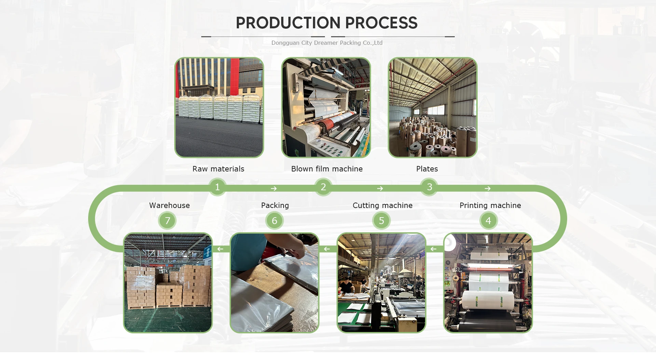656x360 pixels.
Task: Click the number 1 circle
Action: tap(217, 187)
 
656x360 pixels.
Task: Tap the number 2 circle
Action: tap(323, 187)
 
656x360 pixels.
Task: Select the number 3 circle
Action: tap(429, 187)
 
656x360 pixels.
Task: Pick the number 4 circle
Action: tap(488, 221)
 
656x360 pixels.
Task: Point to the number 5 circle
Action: tap(382, 221)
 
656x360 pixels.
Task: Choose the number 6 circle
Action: tap(274, 221)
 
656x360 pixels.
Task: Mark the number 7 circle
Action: tap(167, 221)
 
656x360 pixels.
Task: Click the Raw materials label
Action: tap(218, 169)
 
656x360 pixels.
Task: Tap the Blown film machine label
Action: tap(327, 169)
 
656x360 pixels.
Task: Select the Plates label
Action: tap(427, 169)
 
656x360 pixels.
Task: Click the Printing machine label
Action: tap(490, 205)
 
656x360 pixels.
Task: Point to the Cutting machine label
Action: tap(382, 205)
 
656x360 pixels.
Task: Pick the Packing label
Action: tap(275, 205)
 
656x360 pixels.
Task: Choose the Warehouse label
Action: tap(169, 205)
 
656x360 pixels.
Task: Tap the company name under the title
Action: tap(327, 43)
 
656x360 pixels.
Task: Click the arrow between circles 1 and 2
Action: tap(274, 189)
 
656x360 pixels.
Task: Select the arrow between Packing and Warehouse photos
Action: tap(220, 249)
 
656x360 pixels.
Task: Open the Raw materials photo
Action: tap(219, 108)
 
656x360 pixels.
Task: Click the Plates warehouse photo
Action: tap(433, 108)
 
